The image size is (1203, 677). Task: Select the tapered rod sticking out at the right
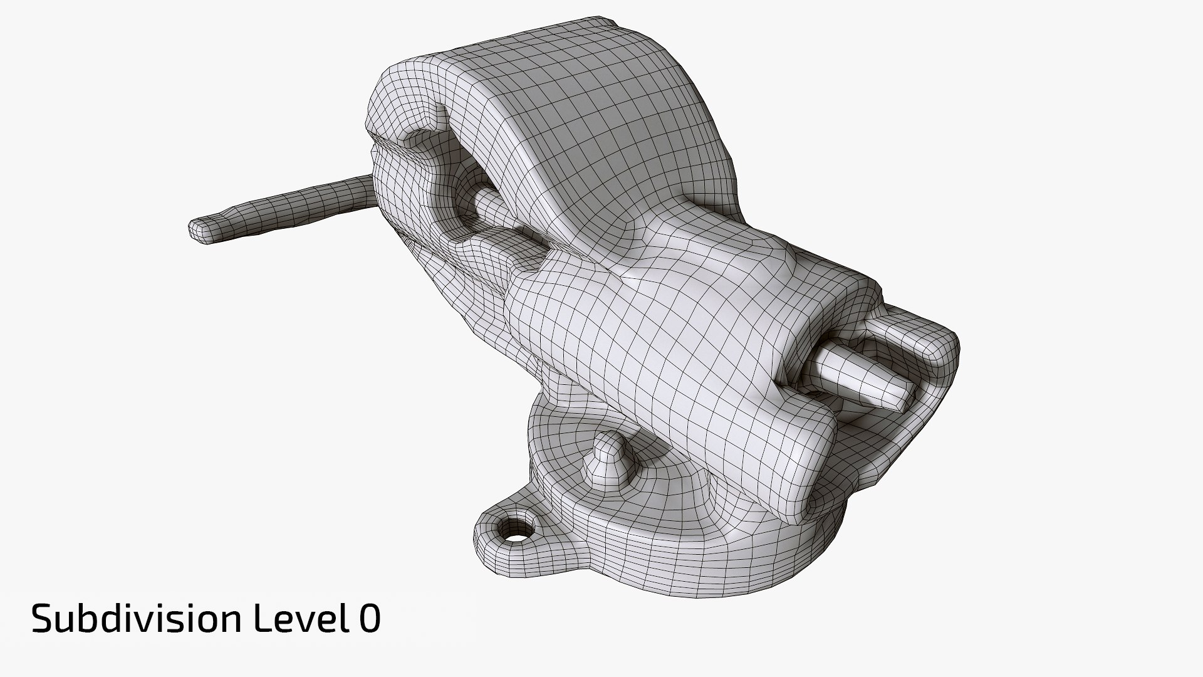[x=858, y=376]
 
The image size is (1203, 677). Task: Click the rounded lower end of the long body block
[x=808, y=464]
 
